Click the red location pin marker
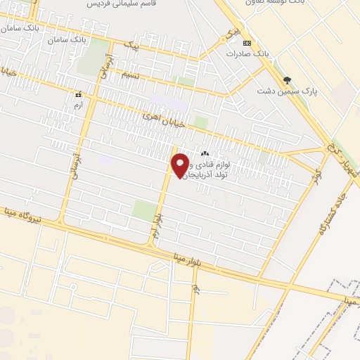[x=180, y=165]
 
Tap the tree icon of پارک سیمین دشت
[x=286, y=79]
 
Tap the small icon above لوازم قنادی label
[x=205, y=154]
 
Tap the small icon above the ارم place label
[x=78, y=93]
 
